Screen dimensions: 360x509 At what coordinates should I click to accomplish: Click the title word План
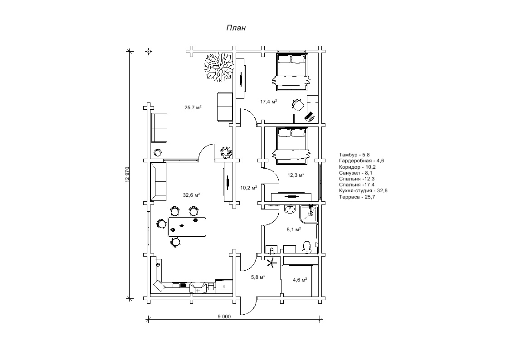click(x=236, y=28)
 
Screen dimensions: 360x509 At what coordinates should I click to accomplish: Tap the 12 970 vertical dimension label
click(x=127, y=175)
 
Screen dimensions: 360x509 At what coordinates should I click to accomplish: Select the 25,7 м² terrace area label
click(x=193, y=108)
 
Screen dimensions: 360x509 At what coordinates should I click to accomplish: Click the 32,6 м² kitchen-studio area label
click(x=191, y=195)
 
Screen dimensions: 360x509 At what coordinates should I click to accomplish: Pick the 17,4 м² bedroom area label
click(x=268, y=102)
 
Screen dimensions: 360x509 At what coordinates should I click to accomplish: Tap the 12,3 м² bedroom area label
click(x=296, y=175)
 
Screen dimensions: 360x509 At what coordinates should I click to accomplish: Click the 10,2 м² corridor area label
click(x=248, y=187)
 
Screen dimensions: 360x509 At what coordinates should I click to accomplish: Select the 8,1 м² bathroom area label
click(x=294, y=230)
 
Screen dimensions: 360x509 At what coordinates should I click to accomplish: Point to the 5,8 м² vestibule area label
click(x=258, y=277)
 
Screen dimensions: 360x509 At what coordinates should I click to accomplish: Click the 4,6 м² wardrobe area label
click(x=300, y=280)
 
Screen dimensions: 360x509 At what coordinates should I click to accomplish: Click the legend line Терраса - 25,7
click(x=357, y=197)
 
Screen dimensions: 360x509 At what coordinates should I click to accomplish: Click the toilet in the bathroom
click(x=307, y=246)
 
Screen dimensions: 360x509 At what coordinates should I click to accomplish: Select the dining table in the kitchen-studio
click(x=187, y=226)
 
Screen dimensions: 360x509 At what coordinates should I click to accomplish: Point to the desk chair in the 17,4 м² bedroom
click(x=298, y=105)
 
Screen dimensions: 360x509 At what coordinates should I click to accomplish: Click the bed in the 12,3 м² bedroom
click(x=292, y=145)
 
